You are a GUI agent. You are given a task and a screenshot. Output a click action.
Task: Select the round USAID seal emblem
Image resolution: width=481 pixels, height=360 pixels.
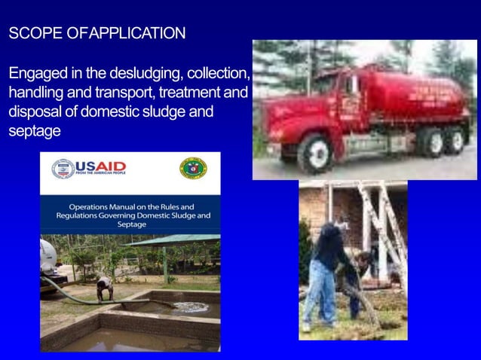[x=63, y=169]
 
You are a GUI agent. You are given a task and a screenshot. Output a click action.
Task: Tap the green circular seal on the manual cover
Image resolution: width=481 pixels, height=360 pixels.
[x=193, y=168]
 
